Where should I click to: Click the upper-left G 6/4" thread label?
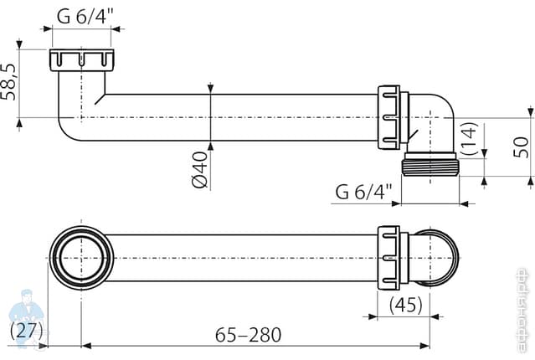pos(87,15)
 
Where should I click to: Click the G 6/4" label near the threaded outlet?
pos(363,192)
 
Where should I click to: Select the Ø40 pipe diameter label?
pos(200,170)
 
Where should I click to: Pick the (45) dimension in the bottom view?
pos(404,304)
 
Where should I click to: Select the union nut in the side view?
pos(390,117)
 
